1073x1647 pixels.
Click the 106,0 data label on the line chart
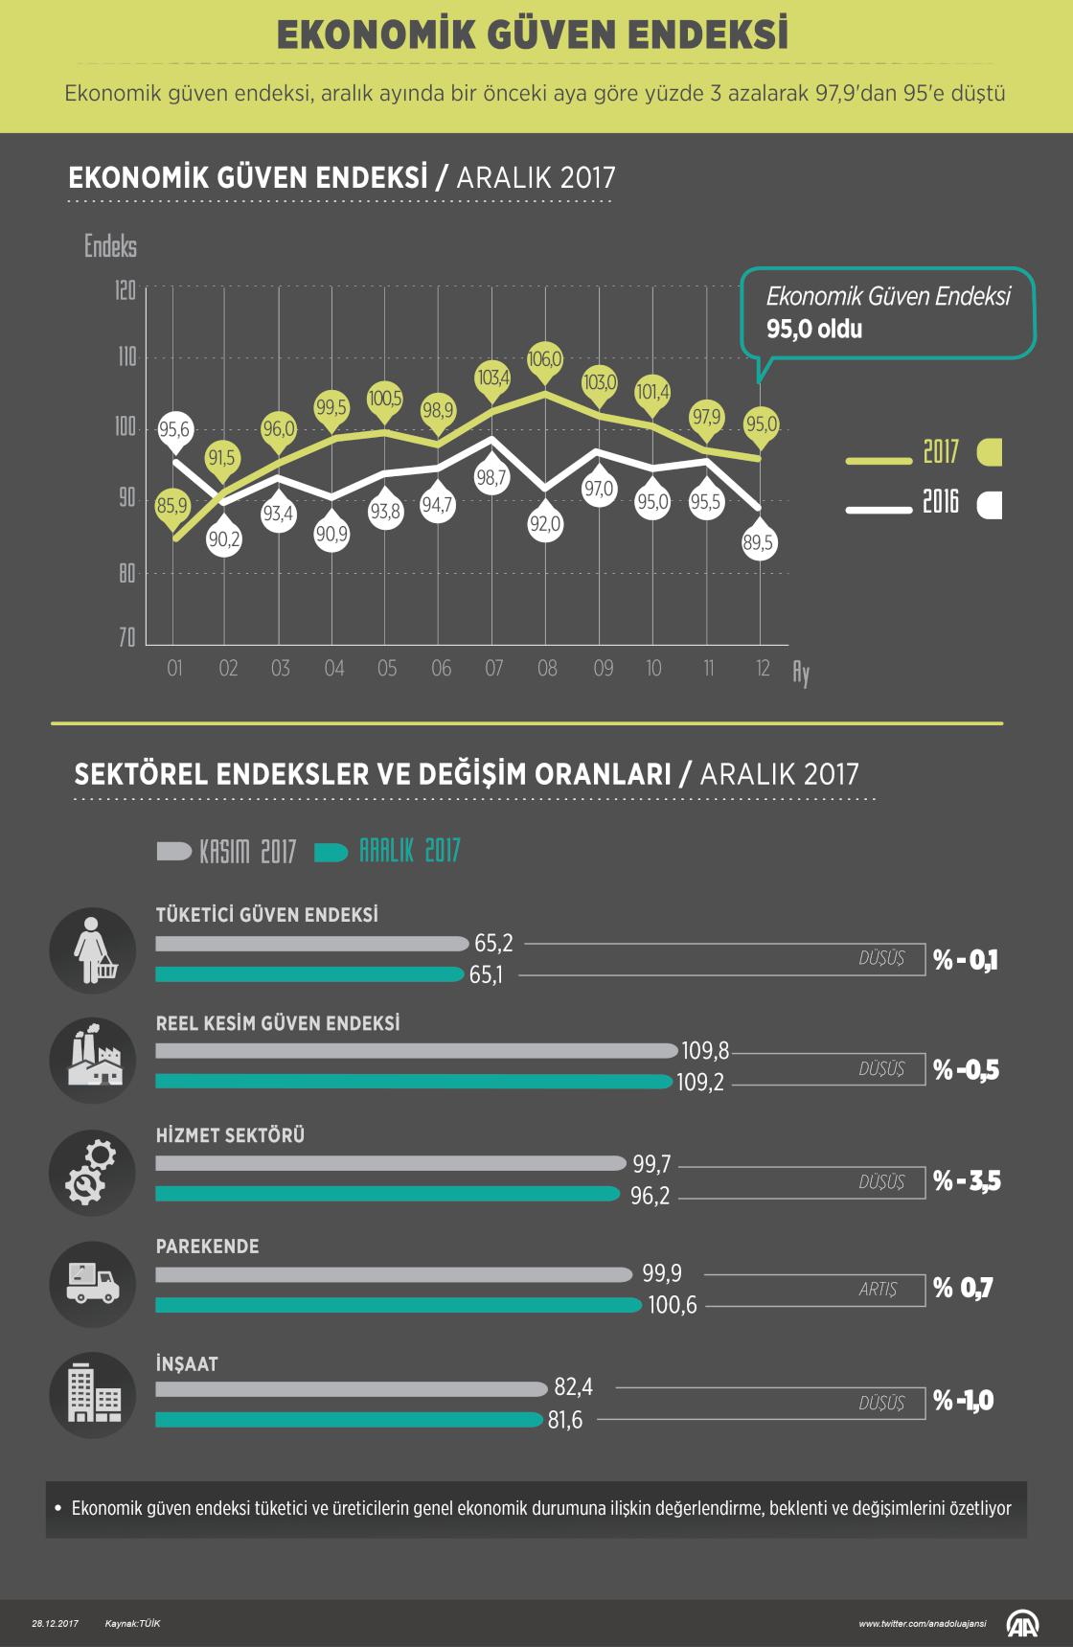point(545,359)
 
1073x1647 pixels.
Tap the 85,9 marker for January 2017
point(172,504)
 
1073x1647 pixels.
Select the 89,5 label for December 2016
point(758,543)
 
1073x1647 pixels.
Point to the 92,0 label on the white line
point(545,524)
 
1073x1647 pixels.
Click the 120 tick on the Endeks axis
point(126,289)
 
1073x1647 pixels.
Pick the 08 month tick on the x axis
point(547,668)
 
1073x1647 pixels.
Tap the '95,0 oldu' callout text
point(814,330)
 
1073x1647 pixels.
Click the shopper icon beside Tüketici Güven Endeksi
point(93,950)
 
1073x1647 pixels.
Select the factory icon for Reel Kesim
point(93,1061)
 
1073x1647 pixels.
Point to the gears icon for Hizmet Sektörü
point(93,1172)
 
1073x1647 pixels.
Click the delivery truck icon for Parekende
point(93,1284)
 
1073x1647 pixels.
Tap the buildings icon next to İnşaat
point(93,1394)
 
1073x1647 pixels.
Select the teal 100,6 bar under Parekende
point(398,1305)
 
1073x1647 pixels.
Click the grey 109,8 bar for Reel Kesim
point(416,1051)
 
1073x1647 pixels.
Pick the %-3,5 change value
point(967,1180)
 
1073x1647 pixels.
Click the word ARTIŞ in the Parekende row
point(878,1290)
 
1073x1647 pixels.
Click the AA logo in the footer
point(1022,1622)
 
